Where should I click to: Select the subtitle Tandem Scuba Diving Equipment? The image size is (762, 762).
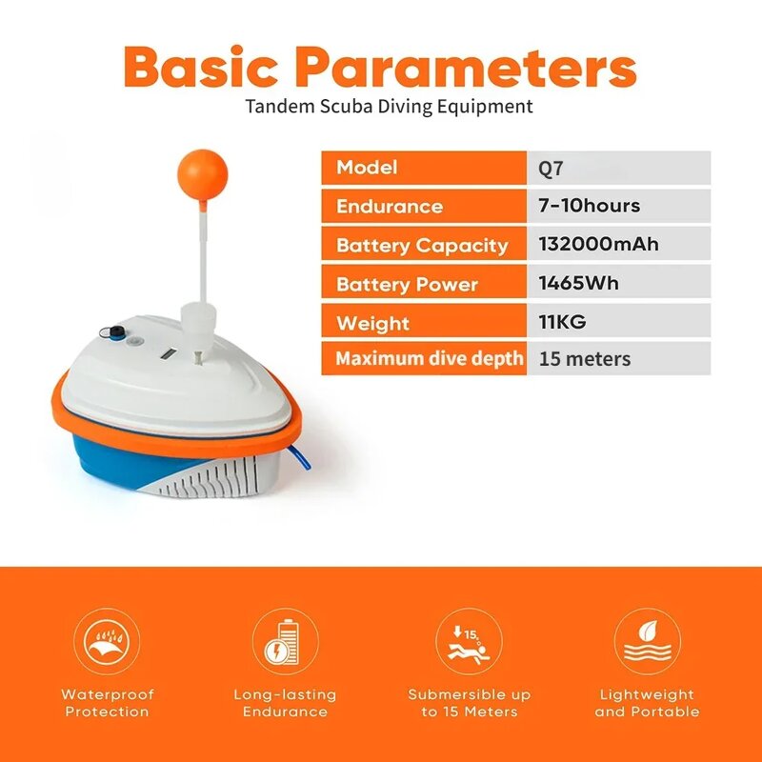coord(389,106)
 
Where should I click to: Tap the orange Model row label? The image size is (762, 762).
coord(367,168)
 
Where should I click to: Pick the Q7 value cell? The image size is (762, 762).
coord(619,168)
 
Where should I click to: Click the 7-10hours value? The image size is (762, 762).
coord(590,206)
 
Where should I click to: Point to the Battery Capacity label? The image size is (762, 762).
coord(422,245)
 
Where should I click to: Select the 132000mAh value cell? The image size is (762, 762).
coord(599,245)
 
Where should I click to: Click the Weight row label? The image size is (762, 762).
coord(372,323)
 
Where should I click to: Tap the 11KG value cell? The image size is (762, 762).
coord(563,323)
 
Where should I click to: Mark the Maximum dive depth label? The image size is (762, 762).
coord(430,359)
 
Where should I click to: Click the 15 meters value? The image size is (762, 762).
coord(585,359)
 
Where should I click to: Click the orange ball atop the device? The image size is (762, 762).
coord(202,172)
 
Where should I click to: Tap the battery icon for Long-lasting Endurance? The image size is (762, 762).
coord(285,642)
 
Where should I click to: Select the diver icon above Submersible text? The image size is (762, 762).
coord(469,642)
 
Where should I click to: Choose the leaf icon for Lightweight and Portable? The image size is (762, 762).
coord(647,642)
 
